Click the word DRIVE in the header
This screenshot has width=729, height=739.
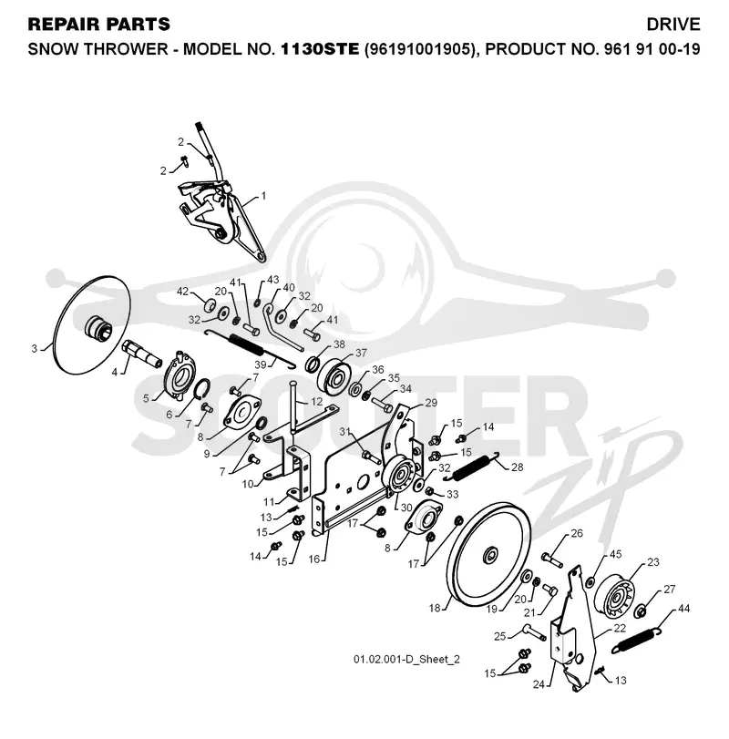click(x=673, y=25)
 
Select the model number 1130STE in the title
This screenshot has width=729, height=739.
click(x=320, y=49)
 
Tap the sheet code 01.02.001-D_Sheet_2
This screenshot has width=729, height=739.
click(x=406, y=659)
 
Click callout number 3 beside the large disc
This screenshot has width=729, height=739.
click(x=34, y=349)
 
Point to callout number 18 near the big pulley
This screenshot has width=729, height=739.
click(x=434, y=608)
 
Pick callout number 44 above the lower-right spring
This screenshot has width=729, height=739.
click(x=683, y=609)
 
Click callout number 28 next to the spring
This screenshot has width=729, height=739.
click(x=517, y=467)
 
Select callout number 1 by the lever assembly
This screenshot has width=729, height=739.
click(x=263, y=195)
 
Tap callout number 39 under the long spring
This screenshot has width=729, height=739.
click(x=260, y=364)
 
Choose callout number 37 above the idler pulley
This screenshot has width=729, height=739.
click(x=361, y=353)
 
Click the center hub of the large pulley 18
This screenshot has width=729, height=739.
click(x=490, y=554)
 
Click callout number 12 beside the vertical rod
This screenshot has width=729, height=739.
click(x=317, y=402)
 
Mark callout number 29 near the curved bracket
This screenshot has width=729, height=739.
click(x=431, y=403)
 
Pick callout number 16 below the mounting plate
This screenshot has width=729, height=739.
click(x=313, y=559)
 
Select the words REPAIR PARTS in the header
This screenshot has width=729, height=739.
click(x=99, y=25)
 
